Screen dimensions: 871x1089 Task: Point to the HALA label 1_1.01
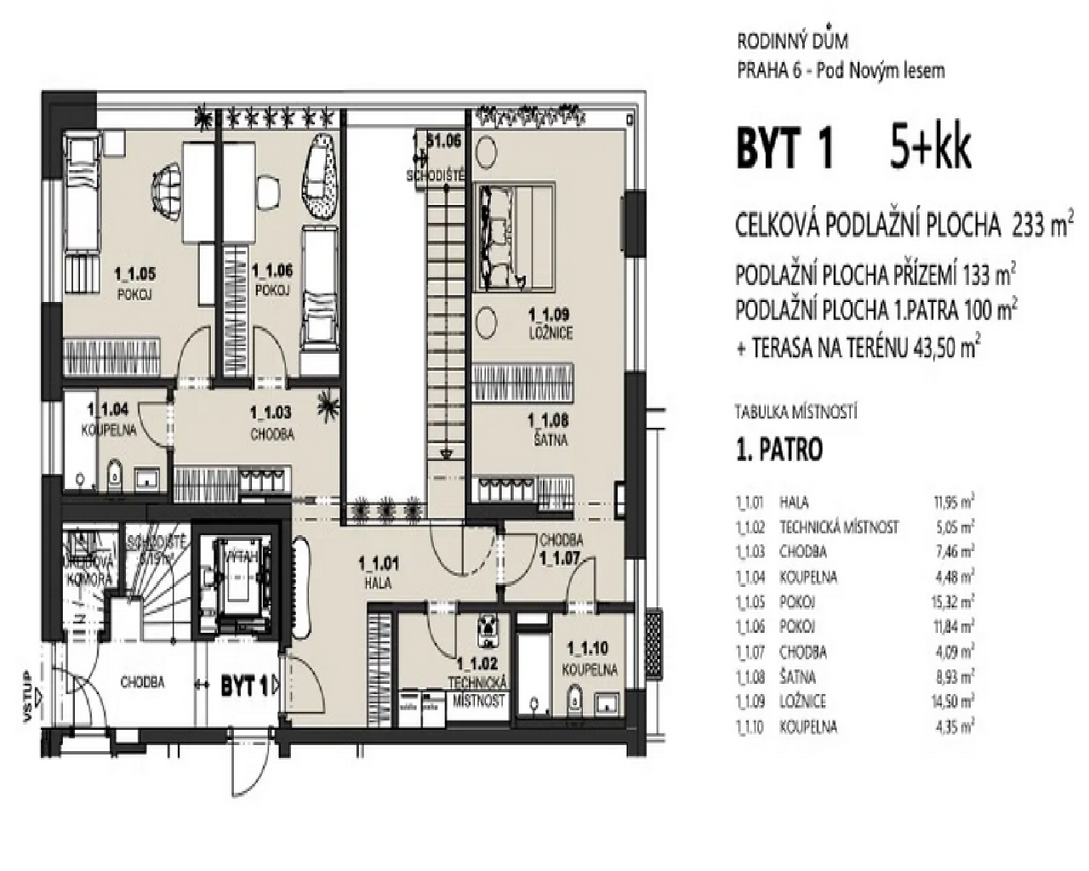tap(376, 572)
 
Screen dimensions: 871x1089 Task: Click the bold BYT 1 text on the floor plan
tap(245, 686)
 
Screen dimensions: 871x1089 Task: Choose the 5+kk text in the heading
tap(931, 150)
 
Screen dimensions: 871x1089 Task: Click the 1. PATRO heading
tap(779, 450)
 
